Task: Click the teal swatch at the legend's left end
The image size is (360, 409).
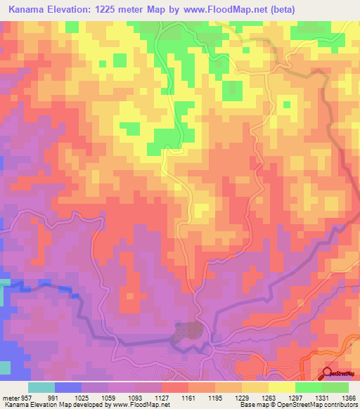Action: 41,387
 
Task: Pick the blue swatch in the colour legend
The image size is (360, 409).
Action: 68,387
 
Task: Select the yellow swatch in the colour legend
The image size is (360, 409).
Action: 281,387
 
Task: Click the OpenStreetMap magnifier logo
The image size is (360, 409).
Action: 326,372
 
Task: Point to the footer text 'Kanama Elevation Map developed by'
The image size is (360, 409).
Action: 42,405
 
